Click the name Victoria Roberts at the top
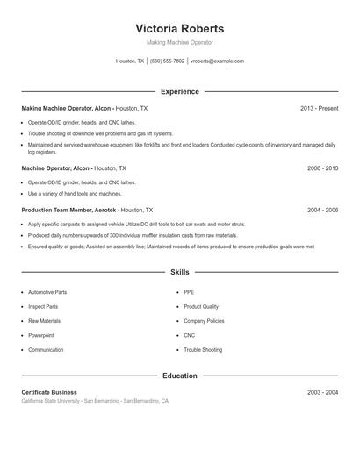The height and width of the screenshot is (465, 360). [x=180, y=29]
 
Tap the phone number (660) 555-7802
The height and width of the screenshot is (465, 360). [x=167, y=61]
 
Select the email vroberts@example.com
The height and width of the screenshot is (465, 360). [x=217, y=61]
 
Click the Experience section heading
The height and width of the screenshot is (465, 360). [x=180, y=91]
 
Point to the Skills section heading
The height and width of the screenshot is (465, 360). [x=180, y=273]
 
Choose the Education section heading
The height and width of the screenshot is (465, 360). [x=180, y=376]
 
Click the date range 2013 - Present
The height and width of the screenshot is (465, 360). [x=319, y=108]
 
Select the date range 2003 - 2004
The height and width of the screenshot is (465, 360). [x=322, y=392]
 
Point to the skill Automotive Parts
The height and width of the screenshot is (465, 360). [x=47, y=292]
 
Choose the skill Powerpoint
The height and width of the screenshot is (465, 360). [x=40, y=335]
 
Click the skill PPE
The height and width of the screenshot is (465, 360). [x=189, y=292]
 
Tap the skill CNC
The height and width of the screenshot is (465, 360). [x=189, y=335]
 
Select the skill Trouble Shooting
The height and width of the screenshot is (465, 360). [x=203, y=350]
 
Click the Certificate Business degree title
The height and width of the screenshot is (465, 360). [x=49, y=392]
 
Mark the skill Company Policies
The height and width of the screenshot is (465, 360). [x=204, y=321]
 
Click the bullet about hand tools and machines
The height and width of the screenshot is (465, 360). [x=75, y=193]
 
